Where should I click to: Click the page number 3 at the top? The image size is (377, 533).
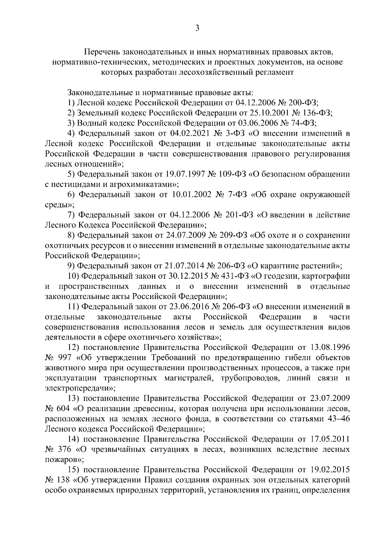coord(197,29)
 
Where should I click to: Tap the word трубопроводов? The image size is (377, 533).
coord(247,378)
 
